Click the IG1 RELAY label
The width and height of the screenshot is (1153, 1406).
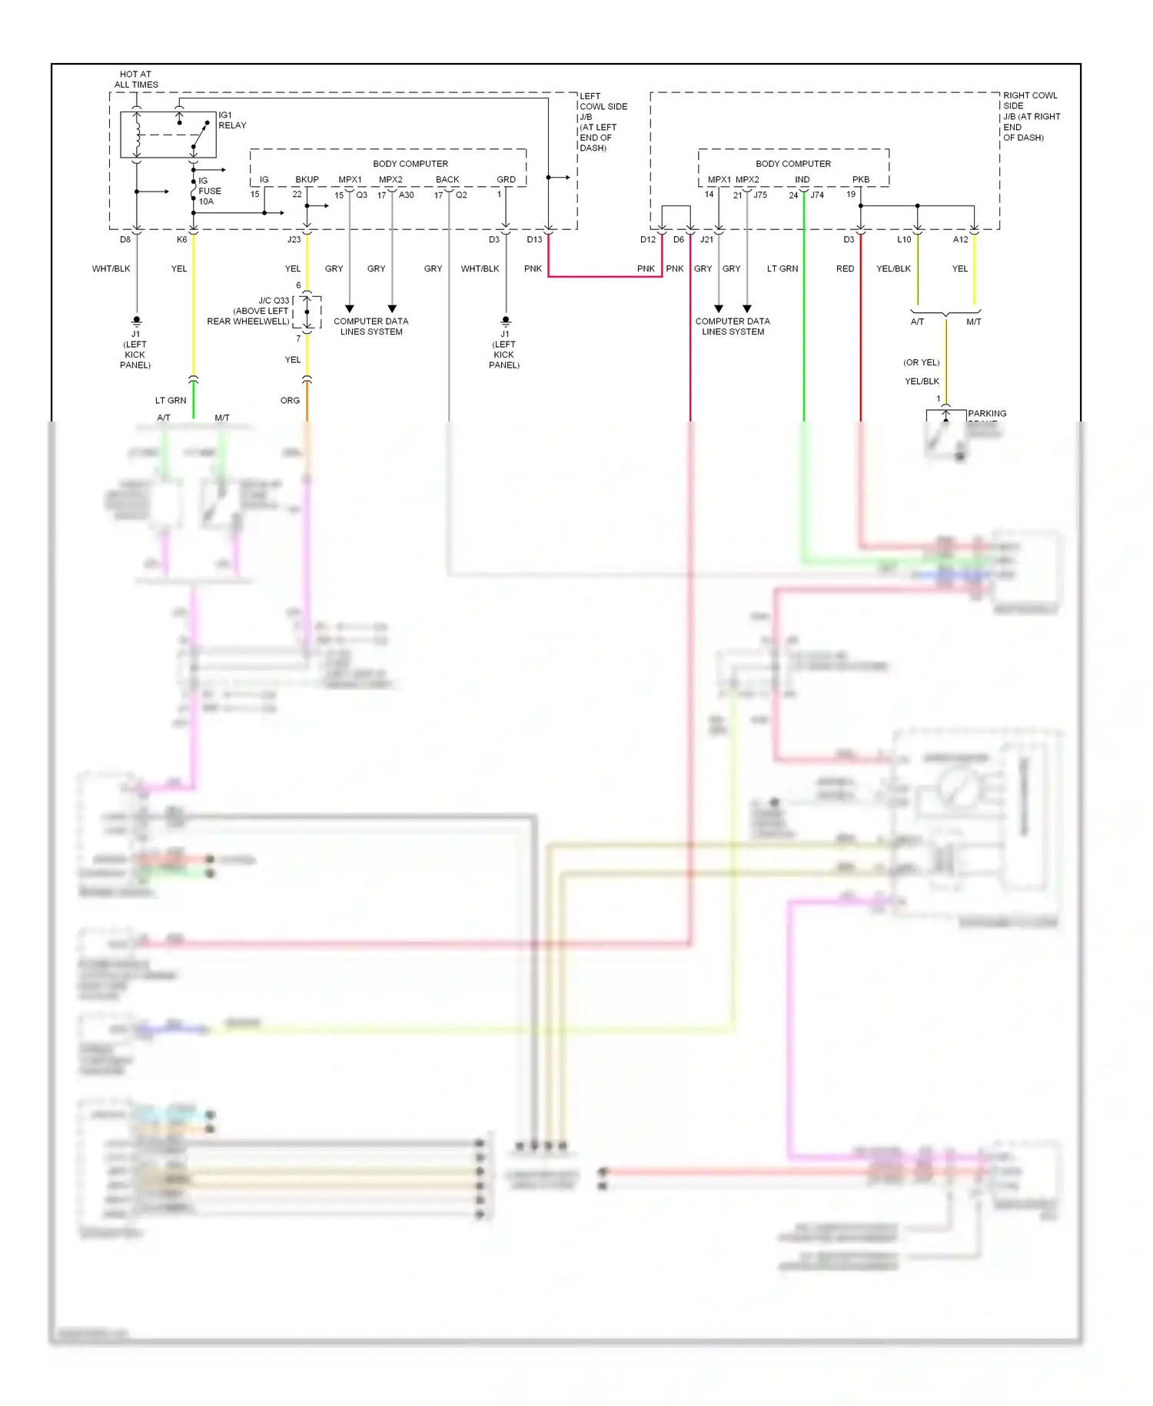232,120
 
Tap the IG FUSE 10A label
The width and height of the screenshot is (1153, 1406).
209,191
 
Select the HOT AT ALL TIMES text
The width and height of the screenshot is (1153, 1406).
136,79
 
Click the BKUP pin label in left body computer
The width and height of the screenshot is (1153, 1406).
307,179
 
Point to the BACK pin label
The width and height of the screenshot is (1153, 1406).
447,179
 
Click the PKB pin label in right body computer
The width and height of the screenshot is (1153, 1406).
861,179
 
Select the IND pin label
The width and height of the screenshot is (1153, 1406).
802,179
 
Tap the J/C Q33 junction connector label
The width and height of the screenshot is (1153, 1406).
248,311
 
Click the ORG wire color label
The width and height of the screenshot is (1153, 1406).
290,401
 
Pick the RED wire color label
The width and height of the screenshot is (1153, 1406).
845,268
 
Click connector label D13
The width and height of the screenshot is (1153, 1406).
534,239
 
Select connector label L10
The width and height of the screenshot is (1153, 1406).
904,239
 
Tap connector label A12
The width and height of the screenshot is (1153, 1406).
961,239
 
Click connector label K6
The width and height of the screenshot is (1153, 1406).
181,239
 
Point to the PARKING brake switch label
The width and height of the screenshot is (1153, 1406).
987,414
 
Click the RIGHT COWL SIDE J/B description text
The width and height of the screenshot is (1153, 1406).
1031,116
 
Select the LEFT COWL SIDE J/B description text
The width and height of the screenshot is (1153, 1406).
603,122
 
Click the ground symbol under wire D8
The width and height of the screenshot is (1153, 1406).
137,320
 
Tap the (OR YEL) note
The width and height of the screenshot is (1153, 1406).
921,362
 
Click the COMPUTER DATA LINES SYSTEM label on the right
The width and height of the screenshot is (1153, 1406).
733,326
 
